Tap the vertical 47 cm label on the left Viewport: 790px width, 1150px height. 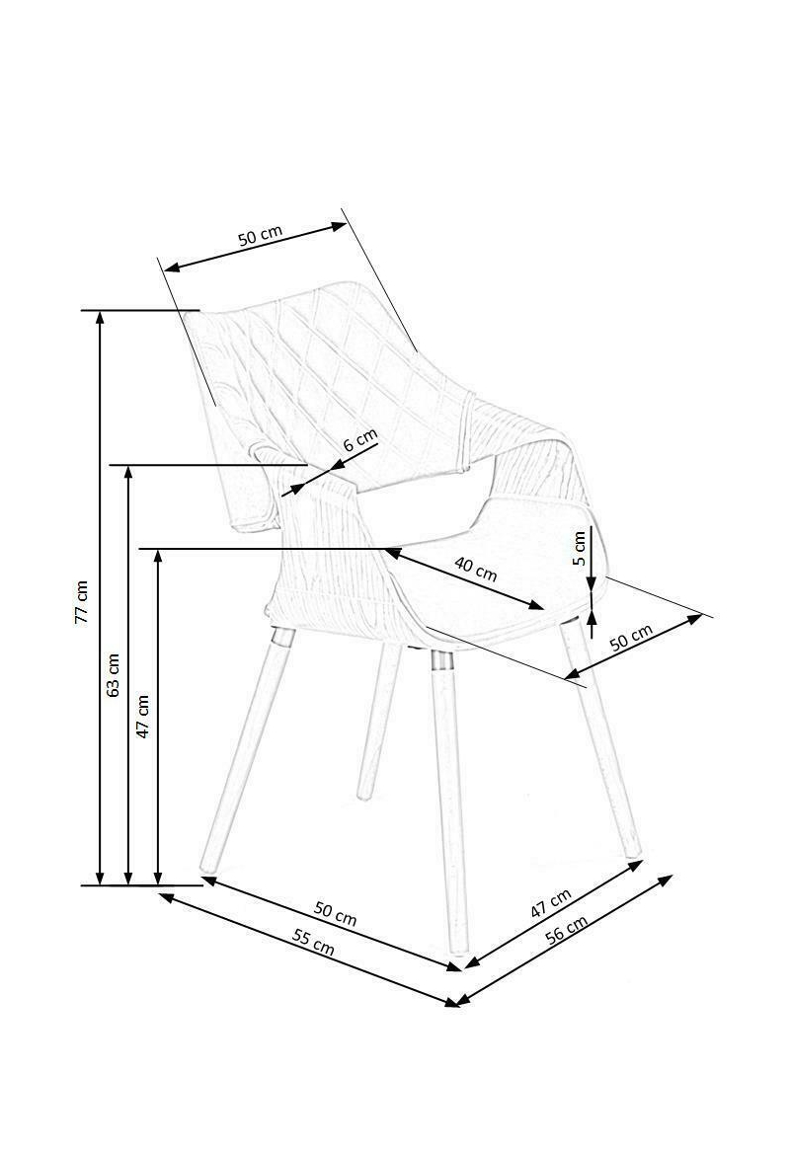143,717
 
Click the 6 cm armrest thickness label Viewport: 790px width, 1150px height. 359,440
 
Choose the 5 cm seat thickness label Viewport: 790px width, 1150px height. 580,546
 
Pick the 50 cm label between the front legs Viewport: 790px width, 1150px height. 335,915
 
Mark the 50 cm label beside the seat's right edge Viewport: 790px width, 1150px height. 631,638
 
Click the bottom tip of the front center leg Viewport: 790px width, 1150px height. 457,951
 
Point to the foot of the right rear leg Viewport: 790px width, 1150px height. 632,851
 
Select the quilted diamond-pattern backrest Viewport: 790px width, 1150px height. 326,365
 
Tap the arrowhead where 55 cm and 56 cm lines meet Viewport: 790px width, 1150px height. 455,1003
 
